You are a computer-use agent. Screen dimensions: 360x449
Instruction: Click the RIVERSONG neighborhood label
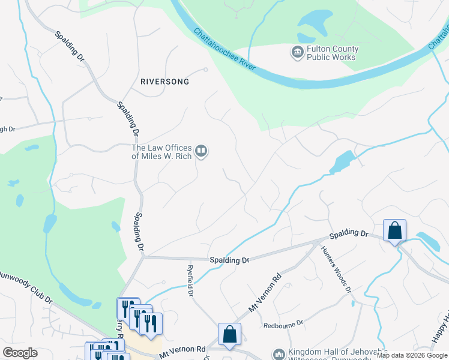point(164,81)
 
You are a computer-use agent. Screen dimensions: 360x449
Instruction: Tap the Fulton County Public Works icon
point(298,53)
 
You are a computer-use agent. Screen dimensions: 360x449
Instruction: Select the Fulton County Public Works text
point(332,53)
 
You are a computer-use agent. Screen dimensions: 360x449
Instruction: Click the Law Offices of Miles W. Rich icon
point(202,152)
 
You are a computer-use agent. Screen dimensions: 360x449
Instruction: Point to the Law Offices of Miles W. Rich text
point(161,152)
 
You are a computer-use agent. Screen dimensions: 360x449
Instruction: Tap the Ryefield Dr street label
point(190,281)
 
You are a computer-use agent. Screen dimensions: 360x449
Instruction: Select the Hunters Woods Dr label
point(336,269)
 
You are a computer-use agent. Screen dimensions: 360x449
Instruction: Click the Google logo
point(20,353)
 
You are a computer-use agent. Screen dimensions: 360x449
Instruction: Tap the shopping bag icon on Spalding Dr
point(394,230)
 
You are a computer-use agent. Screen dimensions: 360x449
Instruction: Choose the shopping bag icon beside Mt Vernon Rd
point(229,335)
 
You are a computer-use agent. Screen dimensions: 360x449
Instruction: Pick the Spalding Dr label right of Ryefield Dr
point(229,260)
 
